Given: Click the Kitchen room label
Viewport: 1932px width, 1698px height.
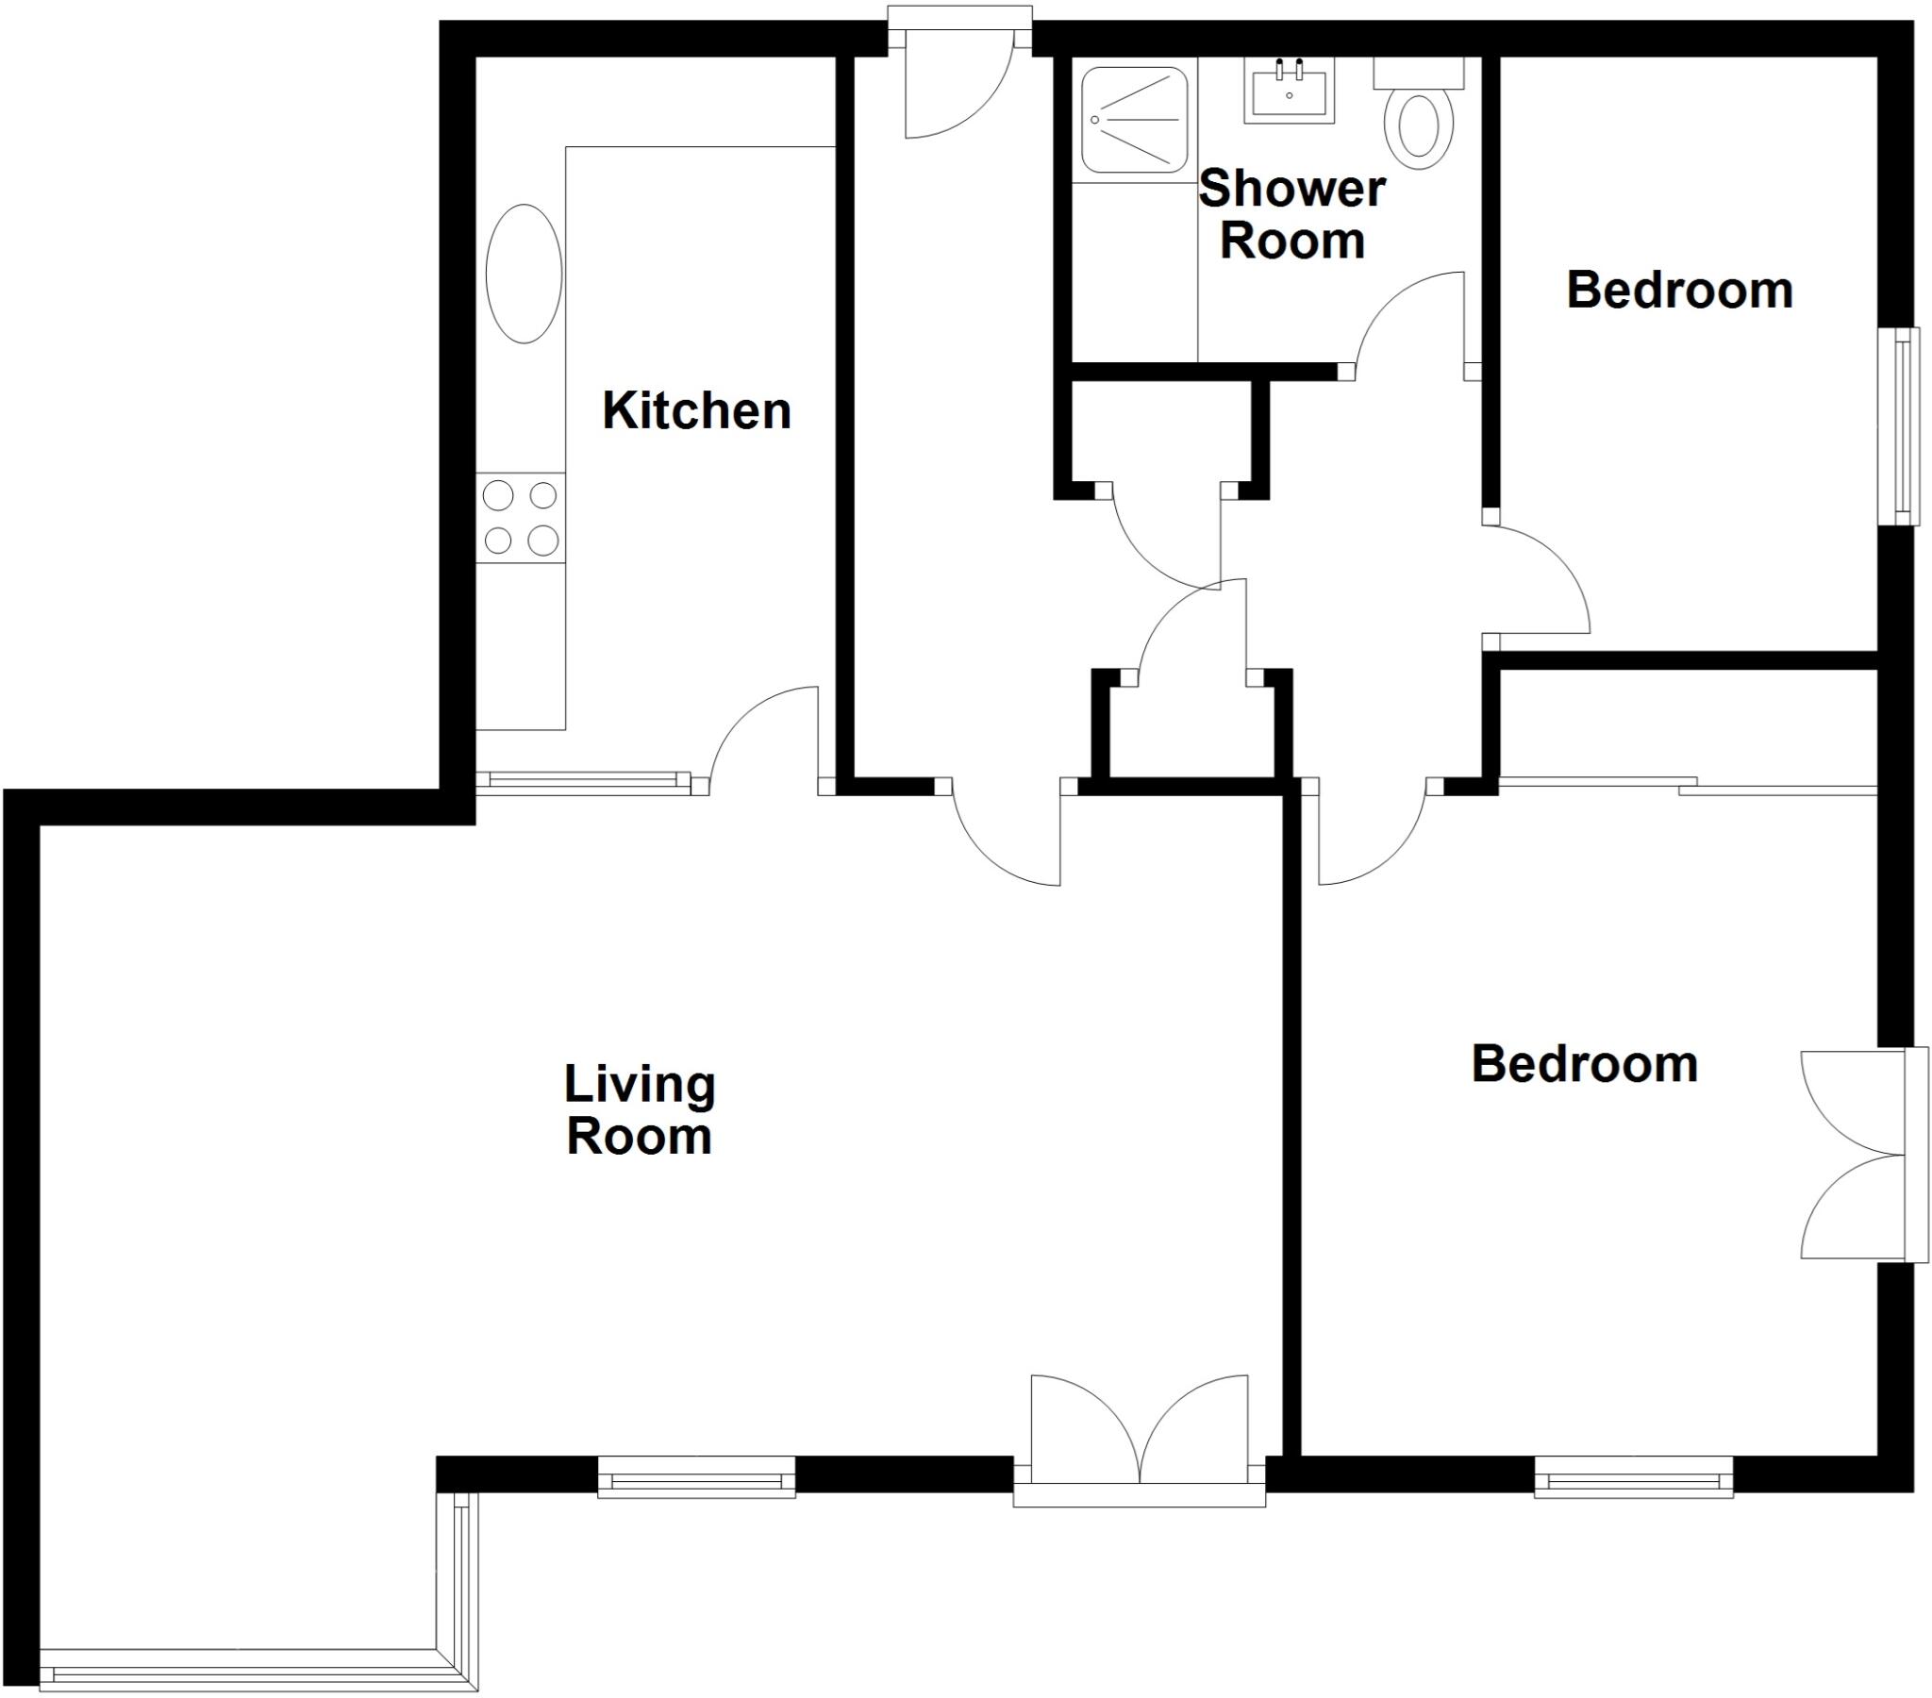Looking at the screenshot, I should tap(696, 411).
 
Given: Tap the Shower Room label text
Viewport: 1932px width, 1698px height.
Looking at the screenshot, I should tap(1292, 215).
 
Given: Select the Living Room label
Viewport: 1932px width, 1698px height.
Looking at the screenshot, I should tap(640, 1110).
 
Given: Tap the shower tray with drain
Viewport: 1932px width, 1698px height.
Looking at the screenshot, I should tap(1134, 120).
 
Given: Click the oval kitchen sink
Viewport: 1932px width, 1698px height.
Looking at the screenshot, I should tap(524, 274).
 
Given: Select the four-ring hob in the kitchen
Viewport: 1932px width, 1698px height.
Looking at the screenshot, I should tap(521, 518).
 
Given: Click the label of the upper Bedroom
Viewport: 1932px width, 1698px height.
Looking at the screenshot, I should tap(1679, 291).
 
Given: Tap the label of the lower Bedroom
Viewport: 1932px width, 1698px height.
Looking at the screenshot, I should tap(1584, 1065).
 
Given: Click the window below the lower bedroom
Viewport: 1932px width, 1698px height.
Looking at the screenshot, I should tap(1633, 1477).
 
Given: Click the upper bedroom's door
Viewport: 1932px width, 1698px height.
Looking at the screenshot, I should tap(1536, 578).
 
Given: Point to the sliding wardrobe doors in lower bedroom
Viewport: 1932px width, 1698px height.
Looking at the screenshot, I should tap(1687, 784).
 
